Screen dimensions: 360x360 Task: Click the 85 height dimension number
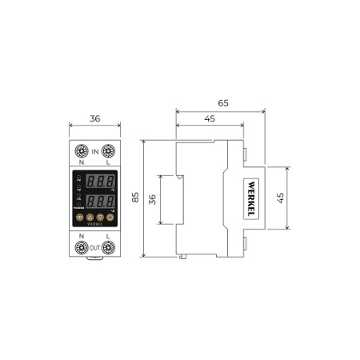pyautogui.click(x=135, y=197)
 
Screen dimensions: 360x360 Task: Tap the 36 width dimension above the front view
pyautogui.click(x=94, y=118)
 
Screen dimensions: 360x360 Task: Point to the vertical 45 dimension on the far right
pyautogui.click(x=281, y=198)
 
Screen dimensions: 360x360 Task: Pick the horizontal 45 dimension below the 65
pyautogui.click(x=209, y=119)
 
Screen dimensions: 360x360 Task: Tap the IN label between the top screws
pyautogui.click(x=94, y=150)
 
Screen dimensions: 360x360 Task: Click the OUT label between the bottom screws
pyautogui.click(x=94, y=247)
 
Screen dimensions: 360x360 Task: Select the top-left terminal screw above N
pyautogui.click(x=81, y=150)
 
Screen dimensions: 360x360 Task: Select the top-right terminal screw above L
pyautogui.click(x=108, y=150)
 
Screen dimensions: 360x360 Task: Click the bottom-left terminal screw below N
pyautogui.click(x=81, y=247)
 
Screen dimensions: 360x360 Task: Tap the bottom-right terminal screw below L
pyautogui.click(x=108, y=247)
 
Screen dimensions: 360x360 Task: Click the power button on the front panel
pyautogui.click(x=79, y=217)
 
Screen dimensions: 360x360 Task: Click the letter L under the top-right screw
pyautogui.click(x=108, y=163)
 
